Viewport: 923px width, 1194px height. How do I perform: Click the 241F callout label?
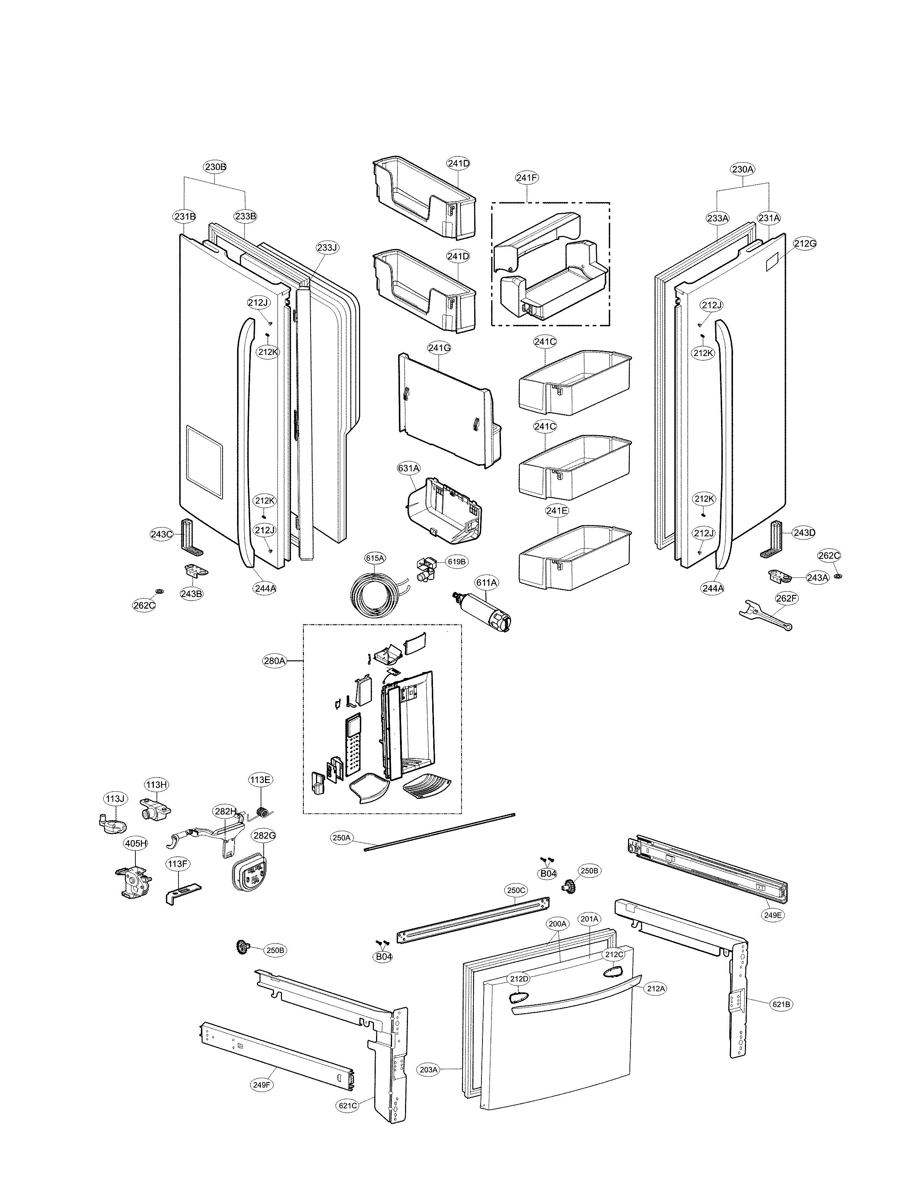pos(527,177)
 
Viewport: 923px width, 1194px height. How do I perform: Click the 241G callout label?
pos(439,347)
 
